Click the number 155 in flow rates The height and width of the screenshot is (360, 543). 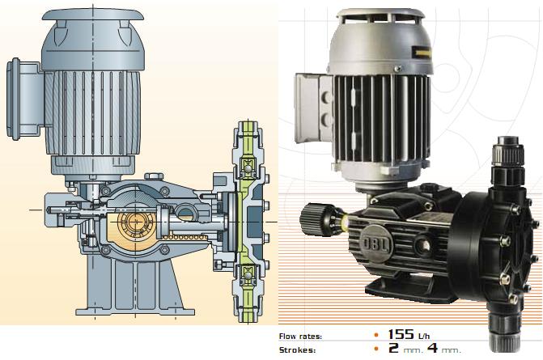coord(401,334)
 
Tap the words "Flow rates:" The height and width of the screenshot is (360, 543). coord(300,336)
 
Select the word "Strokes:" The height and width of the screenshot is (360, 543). coord(298,350)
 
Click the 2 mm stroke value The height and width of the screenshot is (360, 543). coord(405,348)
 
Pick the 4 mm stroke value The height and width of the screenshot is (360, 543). coord(444,348)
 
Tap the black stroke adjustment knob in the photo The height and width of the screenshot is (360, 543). coord(313,219)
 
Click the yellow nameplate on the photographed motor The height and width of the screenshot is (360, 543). coord(421,52)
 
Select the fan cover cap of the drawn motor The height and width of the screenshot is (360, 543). coord(93,15)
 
